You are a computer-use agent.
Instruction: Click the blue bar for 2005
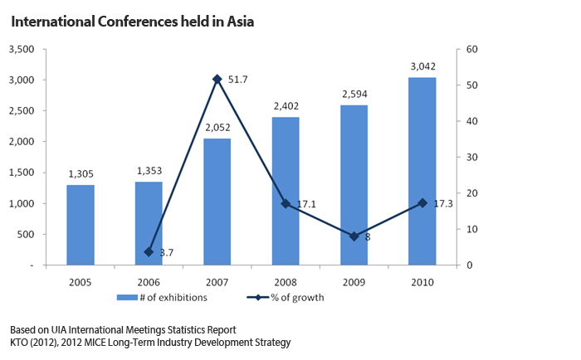point(81,225)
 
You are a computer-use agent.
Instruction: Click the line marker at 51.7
point(217,79)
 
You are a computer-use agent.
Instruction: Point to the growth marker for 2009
point(354,236)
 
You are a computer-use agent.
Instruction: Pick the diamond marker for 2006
point(149,251)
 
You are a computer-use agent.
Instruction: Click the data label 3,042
point(422,66)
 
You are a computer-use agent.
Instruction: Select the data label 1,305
point(81,173)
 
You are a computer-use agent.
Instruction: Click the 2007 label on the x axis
point(217,280)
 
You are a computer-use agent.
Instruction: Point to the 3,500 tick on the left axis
point(22,50)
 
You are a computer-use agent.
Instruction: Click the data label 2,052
point(217,128)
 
